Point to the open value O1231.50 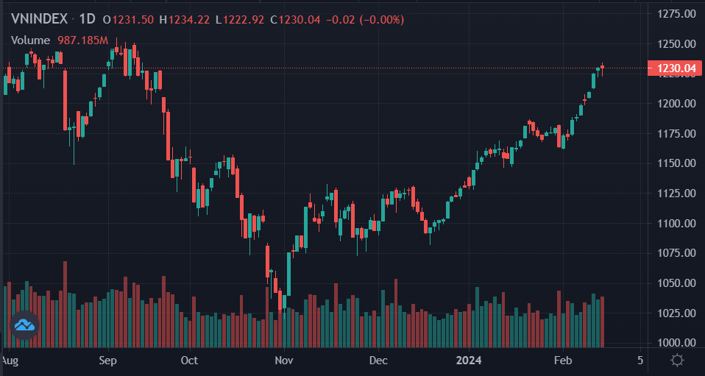pos(128,20)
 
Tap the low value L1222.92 pos(240,20)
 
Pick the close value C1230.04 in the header pos(295,20)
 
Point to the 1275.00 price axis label pos(676,13)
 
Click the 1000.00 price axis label pos(676,343)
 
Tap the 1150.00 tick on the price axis pos(676,163)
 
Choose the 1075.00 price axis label pos(676,253)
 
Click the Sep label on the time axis pos(108,361)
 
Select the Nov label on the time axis pos(283,361)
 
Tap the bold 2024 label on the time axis pos(469,361)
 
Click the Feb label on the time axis pos(563,361)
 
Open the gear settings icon pos(677,361)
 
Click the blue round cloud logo pos(25,324)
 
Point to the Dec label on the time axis pos(378,361)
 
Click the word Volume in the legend pos(30,40)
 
